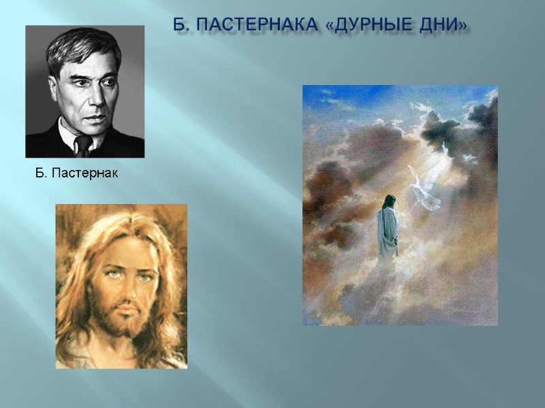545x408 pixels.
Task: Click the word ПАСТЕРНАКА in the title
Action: tap(255, 26)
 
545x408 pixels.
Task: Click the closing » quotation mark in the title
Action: tap(464, 26)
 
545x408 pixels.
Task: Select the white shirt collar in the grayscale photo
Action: tap(69, 136)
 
